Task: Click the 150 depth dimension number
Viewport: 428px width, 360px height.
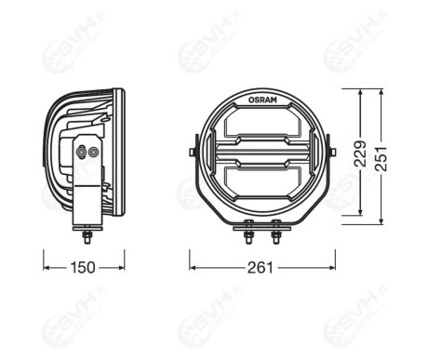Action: click(84, 268)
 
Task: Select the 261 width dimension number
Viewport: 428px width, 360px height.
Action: click(261, 268)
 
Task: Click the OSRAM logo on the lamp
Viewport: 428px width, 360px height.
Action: click(261, 96)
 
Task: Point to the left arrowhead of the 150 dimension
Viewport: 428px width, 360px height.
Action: click(46, 268)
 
